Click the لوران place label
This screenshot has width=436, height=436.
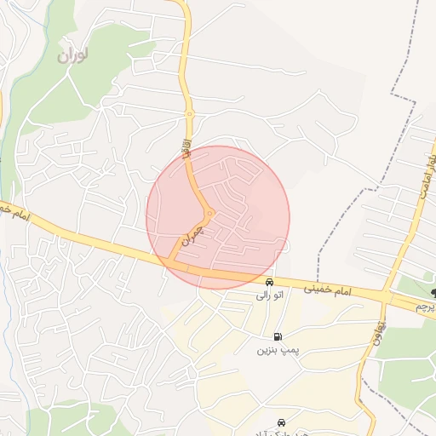tap(73, 56)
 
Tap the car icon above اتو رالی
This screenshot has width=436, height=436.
tap(269, 283)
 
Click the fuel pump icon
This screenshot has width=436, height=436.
tap(278, 337)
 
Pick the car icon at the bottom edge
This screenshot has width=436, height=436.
tap(282, 422)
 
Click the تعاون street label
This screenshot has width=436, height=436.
tap(381, 324)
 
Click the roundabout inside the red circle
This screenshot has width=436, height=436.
tap(209, 213)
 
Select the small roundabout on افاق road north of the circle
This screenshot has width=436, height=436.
tap(190, 114)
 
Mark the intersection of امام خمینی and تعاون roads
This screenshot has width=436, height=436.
tap(387, 297)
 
